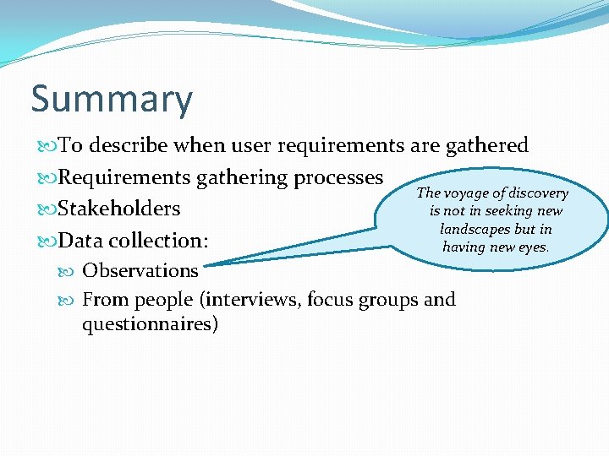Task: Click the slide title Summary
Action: pyautogui.click(x=112, y=100)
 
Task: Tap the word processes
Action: pyautogui.click(x=337, y=177)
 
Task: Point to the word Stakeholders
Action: pyautogui.click(x=119, y=209)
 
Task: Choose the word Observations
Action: pyautogui.click(x=140, y=271)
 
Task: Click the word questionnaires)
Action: pyautogui.click(x=150, y=324)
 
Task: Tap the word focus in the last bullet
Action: pyautogui.click(x=333, y=300)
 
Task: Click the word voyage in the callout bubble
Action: pyautogui.click(x=466, y=193)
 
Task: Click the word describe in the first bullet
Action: pyautogui.click(x=129, y=146)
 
